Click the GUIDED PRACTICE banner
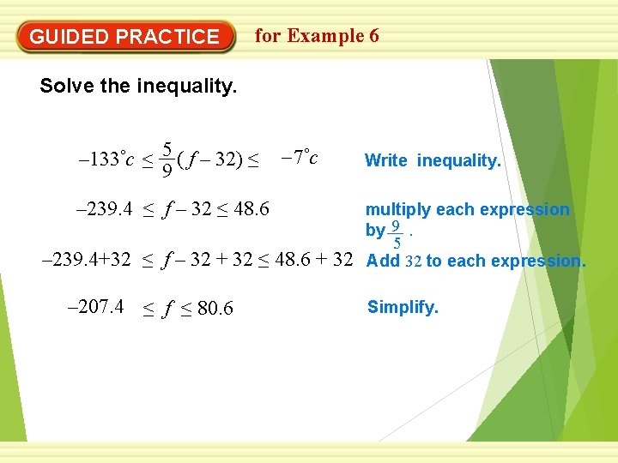(x=125, y=37)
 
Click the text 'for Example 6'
(x=317, y=36)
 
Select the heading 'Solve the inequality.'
(x=138, y=87)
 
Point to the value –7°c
(x=300, y=158)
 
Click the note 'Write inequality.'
(x=433, y=160)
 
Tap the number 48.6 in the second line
(x=251, y=209)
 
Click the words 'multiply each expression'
(x=468, y=209)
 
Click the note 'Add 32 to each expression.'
(x=476, y=262)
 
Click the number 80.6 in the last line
(x=215, y=309)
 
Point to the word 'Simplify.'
(x=403, y=307)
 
